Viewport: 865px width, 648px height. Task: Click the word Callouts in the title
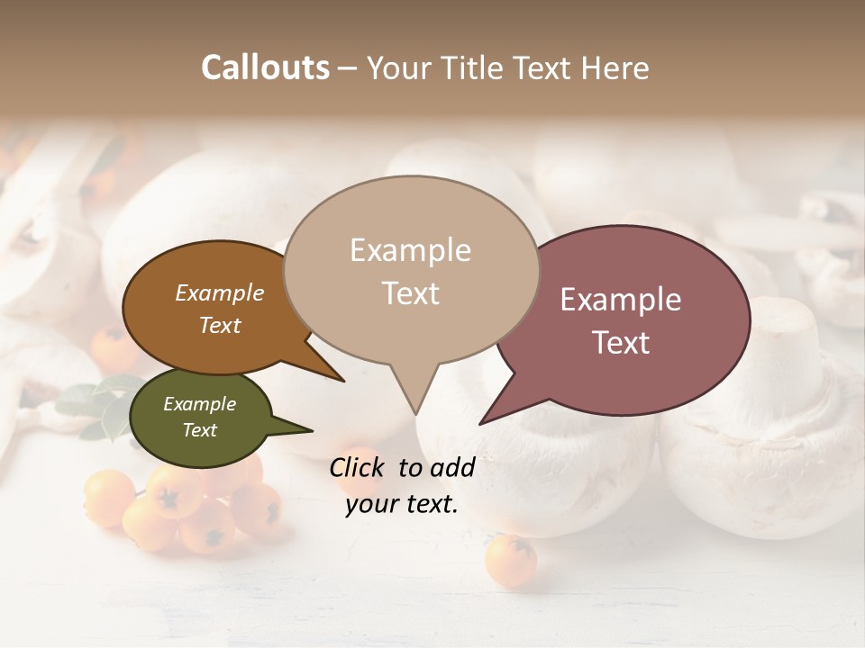pyautogui.click(x=265, y=67)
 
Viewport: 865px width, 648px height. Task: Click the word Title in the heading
pyautogui.click(x=475, y=67)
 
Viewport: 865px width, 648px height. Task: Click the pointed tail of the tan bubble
pyautogui.click(x=414, y=396)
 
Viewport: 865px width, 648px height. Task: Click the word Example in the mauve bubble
pyautogui.click(x=621, y=300)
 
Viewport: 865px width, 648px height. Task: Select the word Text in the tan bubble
pyautogui.click(x=411, y=293)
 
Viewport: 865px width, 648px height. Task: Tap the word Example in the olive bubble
pyautogui.click(x=199, y=404)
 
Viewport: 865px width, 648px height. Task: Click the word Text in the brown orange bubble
pyautogui.click(x=220, y=326)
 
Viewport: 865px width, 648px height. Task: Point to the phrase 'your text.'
pyautogui.click(x=402, y=504)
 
